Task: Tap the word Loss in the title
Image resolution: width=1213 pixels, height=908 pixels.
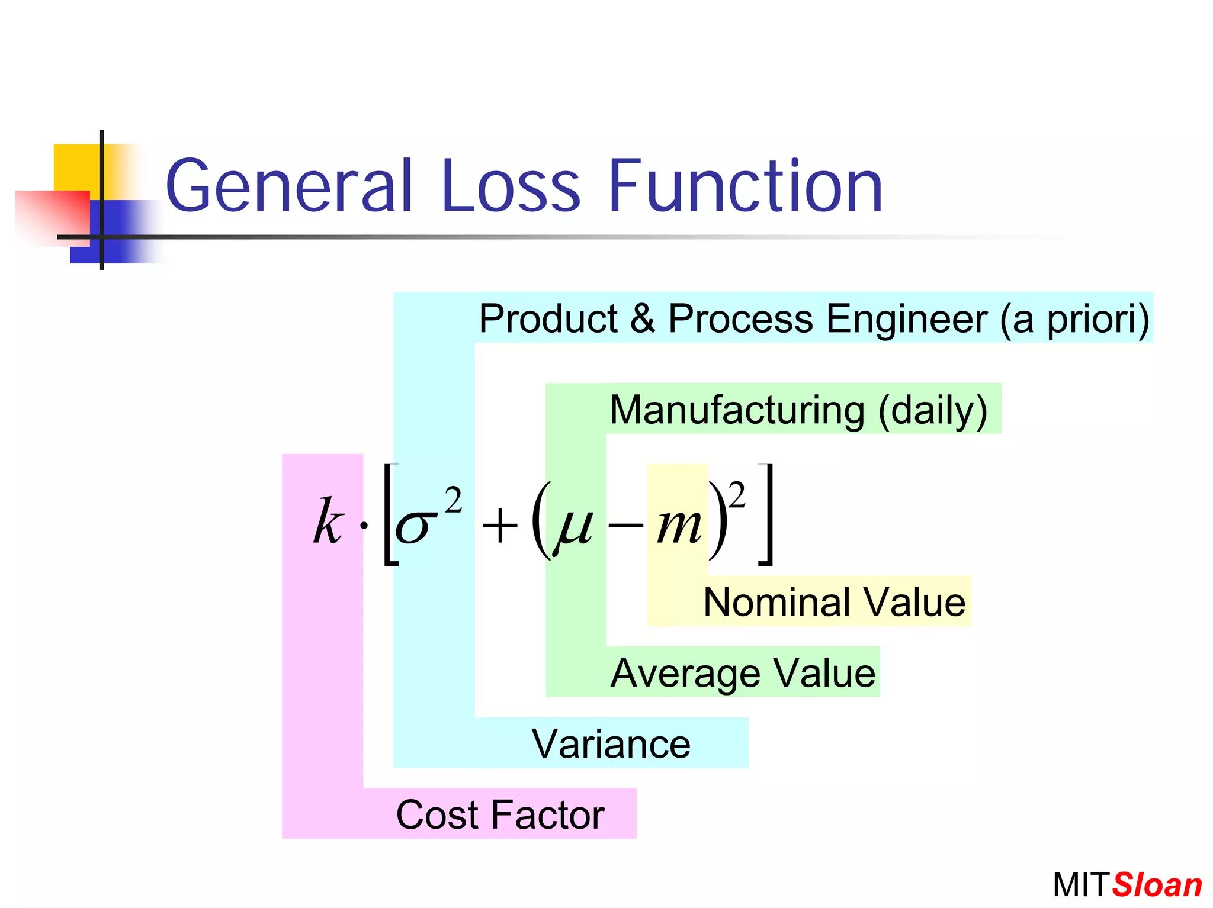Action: (510, 186)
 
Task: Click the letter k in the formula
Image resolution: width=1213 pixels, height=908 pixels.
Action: (328, 521)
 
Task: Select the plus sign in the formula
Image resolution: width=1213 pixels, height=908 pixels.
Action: (499, 526)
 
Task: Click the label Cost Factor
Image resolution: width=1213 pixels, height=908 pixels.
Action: (500, 814)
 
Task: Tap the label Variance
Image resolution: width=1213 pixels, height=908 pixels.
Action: (611, 743)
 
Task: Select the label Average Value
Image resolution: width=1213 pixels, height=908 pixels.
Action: (743, 673)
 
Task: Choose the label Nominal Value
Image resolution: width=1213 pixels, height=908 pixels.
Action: (834, 602)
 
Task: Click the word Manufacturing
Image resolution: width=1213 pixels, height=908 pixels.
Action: (737, 410)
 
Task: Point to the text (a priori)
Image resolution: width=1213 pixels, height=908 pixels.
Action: (1074, 319)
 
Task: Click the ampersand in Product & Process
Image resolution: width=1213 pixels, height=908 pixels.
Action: (642, 318)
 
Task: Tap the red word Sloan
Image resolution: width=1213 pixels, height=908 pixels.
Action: (1157, 885)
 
